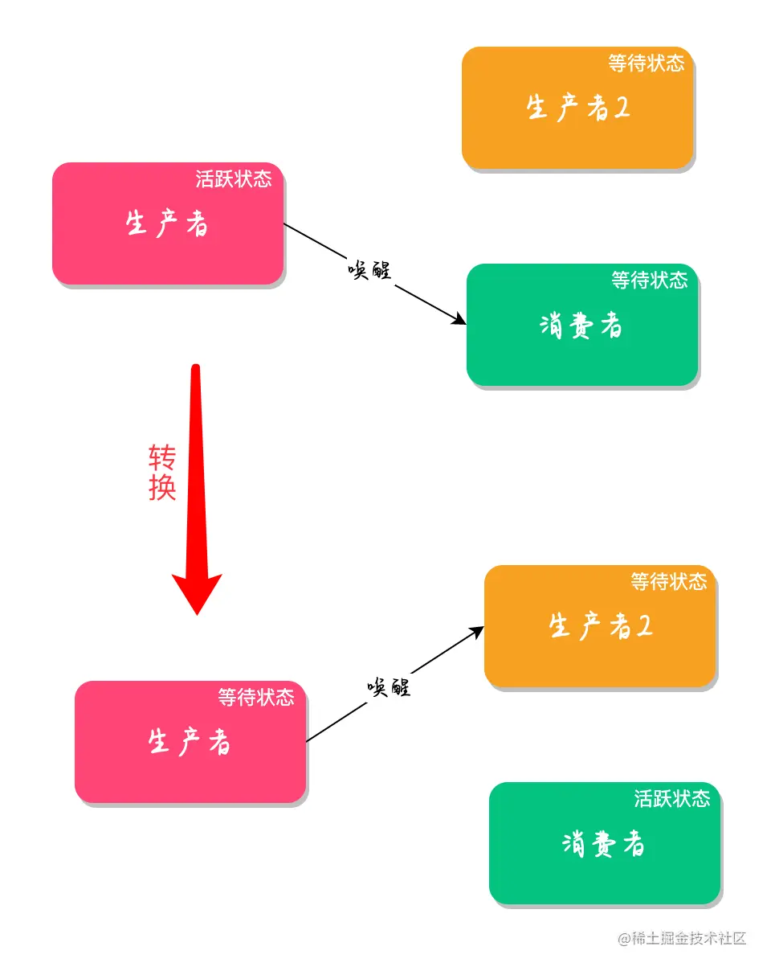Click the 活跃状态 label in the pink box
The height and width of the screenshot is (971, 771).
coord(234,179)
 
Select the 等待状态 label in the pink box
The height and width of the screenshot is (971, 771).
coord(256,697)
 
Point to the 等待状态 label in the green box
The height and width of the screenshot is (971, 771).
coord(649,281)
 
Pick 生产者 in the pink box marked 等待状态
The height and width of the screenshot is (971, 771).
coord(190,741)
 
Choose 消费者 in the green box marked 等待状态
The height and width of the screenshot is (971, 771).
coord(581,325)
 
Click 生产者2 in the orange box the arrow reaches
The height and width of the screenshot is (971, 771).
coord(601,626)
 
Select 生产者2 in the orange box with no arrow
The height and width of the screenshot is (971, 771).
coord(578,108)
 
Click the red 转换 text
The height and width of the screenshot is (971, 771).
coord(162,473)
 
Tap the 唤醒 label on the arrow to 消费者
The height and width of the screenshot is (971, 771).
coord(369,270)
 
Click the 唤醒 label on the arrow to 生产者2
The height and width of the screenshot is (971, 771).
coord(389,686)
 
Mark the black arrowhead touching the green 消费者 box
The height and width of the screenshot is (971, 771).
coord(459,318)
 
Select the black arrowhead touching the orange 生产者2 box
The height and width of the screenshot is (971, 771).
coord(476,632)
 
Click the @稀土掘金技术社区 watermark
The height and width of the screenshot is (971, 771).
coord(682,938)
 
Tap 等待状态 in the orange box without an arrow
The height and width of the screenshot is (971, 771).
coord(646,63)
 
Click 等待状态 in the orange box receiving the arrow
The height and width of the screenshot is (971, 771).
coord(669,581)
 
